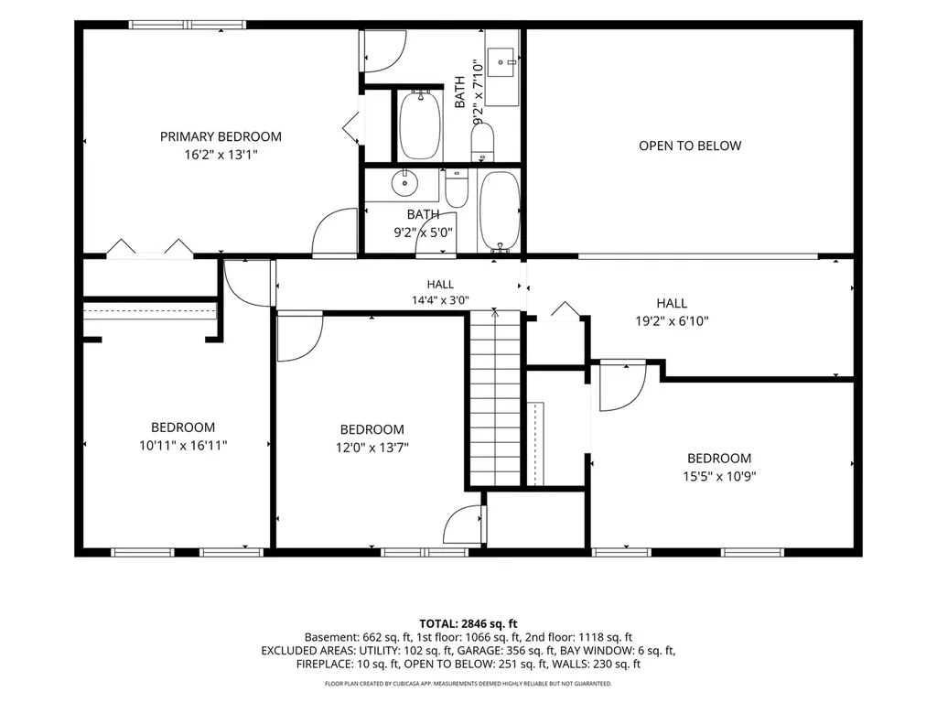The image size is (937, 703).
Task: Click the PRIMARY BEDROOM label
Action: tap(221, 136)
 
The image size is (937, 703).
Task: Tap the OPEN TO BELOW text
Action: tap(690, 146)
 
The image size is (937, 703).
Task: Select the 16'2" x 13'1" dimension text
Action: tap(221, 155)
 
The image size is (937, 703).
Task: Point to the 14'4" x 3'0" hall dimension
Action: tap(440, 300)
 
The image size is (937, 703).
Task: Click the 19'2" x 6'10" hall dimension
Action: tap(672, 321)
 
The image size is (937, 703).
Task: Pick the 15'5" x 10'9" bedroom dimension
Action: tap(719, 476)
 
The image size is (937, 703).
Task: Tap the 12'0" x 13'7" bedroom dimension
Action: tap(372, 447)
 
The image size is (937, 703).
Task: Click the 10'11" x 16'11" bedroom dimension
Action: tap(183, 446)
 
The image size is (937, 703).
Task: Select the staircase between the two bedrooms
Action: tap(495, 397)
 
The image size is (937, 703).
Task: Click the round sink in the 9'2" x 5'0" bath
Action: tap(404, 182)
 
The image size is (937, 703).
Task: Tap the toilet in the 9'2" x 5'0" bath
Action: tap(458, 188)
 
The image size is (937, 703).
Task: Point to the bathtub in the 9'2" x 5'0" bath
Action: tap(500, 211)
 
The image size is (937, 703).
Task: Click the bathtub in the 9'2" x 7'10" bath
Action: tap(420, 124)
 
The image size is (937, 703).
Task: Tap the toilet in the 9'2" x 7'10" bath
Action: tap(483, 142)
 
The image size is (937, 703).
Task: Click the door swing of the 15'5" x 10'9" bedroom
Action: tap(622, 387)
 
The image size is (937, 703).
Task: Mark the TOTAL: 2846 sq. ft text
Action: tap(468, 624)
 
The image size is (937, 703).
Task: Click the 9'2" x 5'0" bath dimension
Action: tap(423, 233)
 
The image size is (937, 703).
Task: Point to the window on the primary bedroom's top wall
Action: tap(188, 25)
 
